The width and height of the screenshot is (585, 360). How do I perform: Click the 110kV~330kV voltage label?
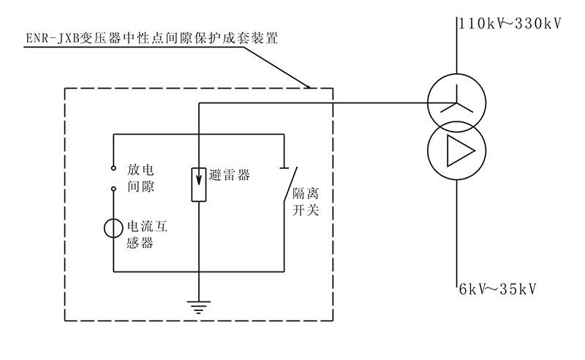509,23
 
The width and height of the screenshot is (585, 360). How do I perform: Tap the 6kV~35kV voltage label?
497,288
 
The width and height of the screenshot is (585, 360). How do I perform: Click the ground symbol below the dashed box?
198,307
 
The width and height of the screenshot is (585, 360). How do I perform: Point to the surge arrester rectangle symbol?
198,184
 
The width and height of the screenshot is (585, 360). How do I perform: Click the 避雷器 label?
229,176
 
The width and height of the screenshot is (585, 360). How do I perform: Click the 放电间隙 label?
142,177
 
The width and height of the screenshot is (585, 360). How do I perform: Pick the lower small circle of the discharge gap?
114,188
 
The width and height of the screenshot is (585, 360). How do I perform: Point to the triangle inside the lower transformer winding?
458,149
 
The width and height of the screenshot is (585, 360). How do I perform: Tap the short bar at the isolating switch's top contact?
284,170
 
